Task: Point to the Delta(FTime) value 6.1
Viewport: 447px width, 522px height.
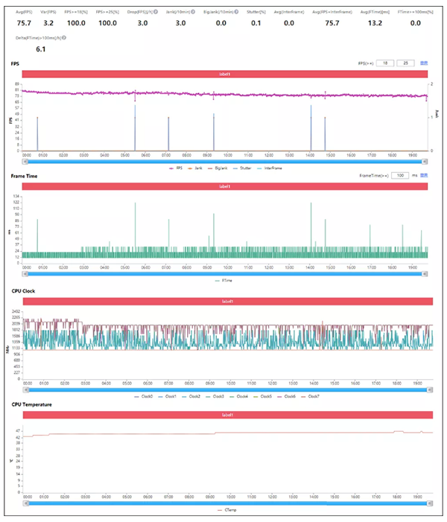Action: pos(41,48)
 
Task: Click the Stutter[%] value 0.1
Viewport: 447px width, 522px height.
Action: pos(256,23)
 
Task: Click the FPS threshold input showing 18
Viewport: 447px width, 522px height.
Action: pos(387,64)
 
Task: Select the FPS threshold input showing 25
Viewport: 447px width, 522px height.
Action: pos(406,64)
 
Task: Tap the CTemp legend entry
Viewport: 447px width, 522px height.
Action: pos(225,510)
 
